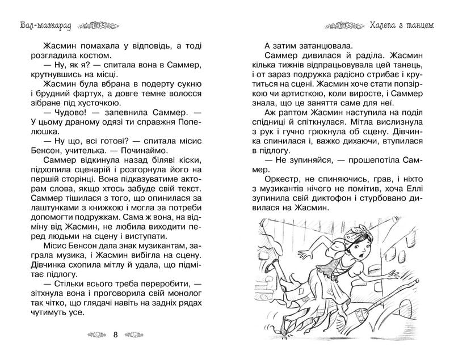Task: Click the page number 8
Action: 116,334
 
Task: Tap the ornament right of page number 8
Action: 143,334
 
